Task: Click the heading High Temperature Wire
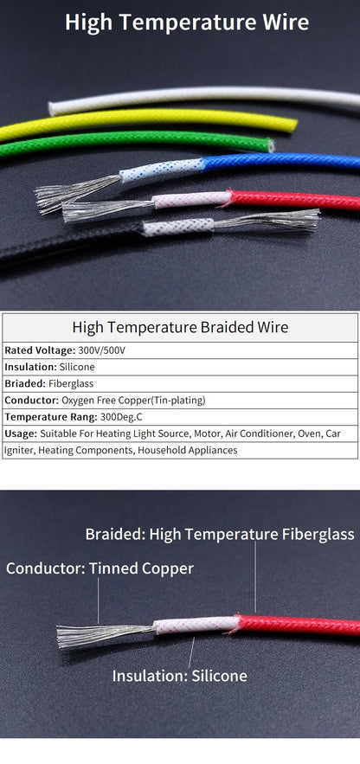(186, 22)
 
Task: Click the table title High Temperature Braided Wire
(180, 327)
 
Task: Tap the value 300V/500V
(101, 350)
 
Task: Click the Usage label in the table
(21, 433)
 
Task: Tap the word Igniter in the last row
(18, 450)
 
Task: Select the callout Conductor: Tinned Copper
(100, 568)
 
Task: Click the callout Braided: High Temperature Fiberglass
(219, 534)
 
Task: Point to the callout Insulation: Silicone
(179, 676)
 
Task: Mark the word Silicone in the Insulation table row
(78, 367)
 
